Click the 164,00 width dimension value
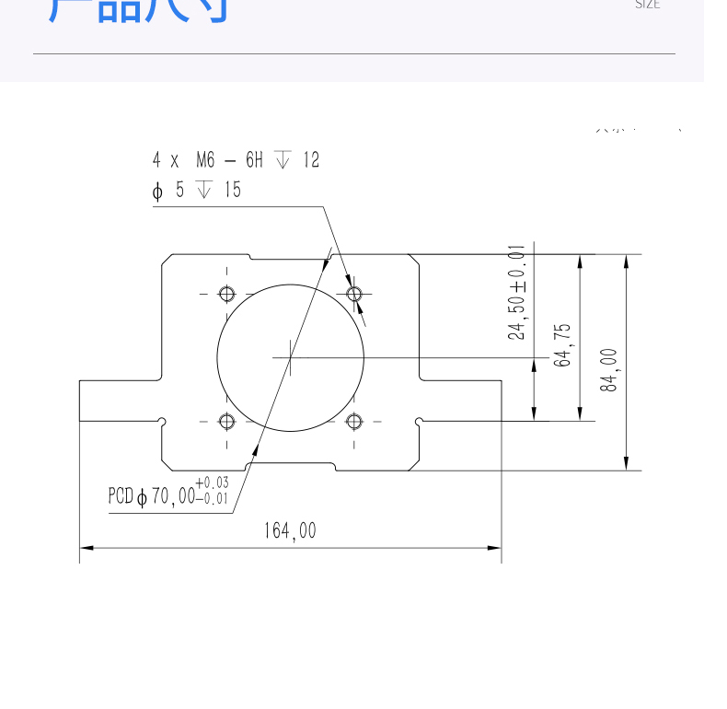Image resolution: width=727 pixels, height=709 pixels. [x=290, y=531]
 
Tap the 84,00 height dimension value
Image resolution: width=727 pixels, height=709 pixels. [x=609, y=369]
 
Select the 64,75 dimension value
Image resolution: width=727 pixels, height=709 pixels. [x=562, y=344]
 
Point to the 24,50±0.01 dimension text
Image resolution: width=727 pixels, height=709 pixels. [x=517, y=292]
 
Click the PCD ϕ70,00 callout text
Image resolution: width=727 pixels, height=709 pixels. [x=153, y=497]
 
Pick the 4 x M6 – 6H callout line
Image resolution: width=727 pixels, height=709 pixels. [x=236, y=160]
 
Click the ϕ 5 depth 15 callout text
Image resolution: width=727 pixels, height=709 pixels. [x=196, y=190]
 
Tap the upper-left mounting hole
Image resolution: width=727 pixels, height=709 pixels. [x=226, y=294]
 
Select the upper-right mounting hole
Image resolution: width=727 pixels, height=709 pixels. [x=354, y=294]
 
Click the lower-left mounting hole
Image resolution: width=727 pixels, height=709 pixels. [x=226, y=422]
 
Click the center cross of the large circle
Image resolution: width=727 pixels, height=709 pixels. [x=291, y=356]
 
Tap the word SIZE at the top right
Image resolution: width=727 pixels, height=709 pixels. [x=648, y=5]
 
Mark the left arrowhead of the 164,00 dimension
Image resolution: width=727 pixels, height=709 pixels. [x=86, y=548]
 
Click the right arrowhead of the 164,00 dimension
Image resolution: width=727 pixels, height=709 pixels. [x=495, y=548]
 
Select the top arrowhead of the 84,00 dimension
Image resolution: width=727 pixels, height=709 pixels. [x=627, y=261]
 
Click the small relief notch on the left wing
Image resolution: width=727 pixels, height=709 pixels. [x=162, y=422]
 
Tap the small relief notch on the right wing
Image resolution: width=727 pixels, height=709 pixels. [x=420, y=422]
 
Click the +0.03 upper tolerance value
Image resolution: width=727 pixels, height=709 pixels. [x=212, y=482]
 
